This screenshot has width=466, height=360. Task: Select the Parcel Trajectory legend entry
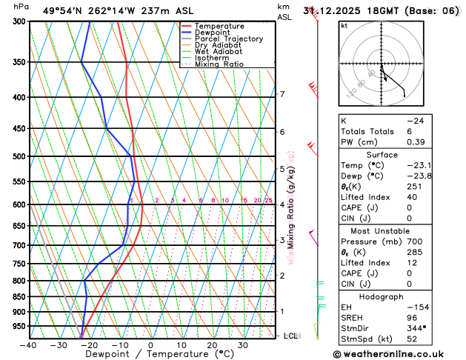[228, 39]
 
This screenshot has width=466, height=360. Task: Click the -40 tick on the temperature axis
[29, 345]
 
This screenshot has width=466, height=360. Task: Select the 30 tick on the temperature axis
[242, 345]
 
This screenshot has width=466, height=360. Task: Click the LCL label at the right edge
[291, 336]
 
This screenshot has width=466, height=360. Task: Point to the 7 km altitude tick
[282, 94]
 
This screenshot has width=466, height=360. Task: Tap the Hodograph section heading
[382, 296]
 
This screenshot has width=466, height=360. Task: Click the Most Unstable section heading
[382, 231]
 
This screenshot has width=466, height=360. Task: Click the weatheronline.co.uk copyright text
[401, 353]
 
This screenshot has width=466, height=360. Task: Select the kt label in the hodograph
[344, 26]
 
